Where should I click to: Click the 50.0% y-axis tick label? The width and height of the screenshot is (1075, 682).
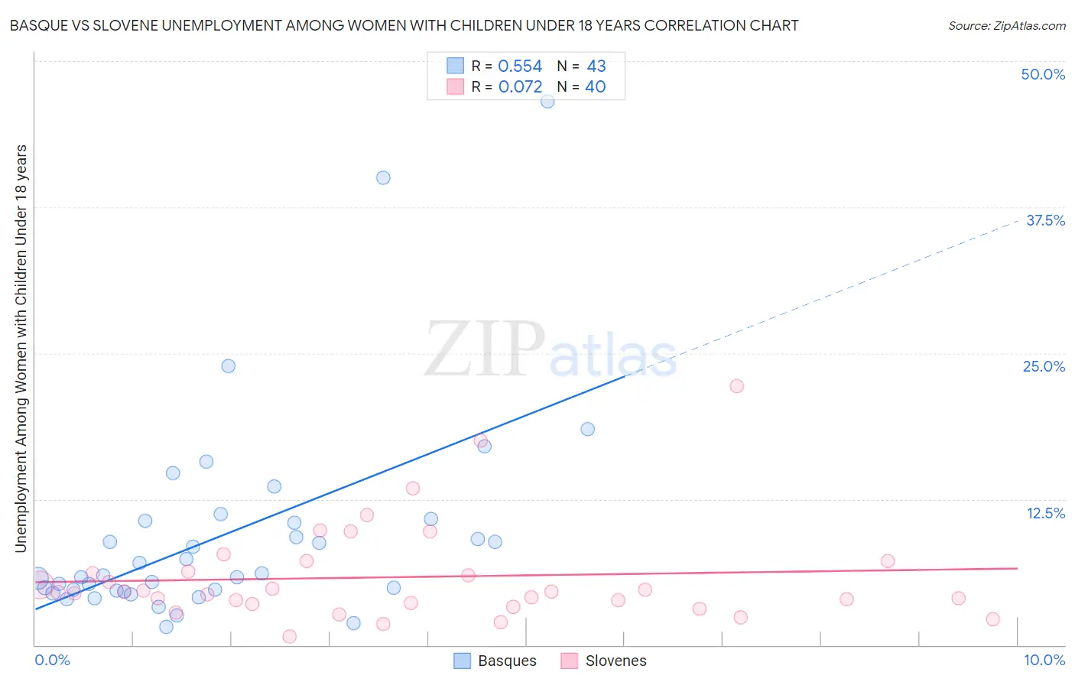pos(1043,74)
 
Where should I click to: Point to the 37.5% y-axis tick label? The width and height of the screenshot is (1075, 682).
pos(1045,220)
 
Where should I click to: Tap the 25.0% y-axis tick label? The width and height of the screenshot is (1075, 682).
pos(1044,366)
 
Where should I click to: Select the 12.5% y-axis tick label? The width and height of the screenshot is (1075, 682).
pos(1045,513)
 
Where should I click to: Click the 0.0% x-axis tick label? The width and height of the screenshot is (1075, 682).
pos(53,660)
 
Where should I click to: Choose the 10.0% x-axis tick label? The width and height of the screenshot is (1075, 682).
pos(1044,660)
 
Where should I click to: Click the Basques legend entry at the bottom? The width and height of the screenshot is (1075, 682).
pos(495,661)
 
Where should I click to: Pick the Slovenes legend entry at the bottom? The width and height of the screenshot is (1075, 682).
pos(604,661)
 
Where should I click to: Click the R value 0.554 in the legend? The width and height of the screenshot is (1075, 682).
pos(520,67)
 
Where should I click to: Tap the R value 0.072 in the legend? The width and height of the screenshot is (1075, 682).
pos(520,87)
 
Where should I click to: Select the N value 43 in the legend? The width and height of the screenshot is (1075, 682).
pos(596,67)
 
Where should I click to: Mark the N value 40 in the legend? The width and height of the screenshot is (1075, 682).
pos(596,87)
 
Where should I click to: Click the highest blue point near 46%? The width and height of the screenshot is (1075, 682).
pos(547,101)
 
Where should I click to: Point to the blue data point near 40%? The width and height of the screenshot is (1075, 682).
pos(383,178)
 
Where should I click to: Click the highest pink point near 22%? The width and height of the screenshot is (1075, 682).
pos(736,386)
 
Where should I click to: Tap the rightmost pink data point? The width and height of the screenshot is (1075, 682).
pos(992,619)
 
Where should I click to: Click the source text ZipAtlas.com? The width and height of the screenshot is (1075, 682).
pos(1006,26)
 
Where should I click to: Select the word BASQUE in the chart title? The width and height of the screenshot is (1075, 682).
pos(37,26)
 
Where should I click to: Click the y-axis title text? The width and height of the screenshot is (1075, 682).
pos(21,348)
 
